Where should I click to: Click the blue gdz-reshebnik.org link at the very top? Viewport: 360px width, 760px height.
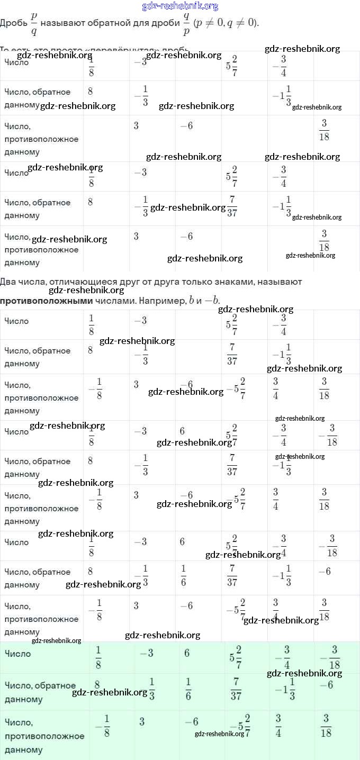click(x=180, y=6)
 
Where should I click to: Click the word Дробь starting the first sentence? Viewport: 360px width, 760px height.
click(x=13, y=23)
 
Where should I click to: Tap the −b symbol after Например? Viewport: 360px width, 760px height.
click(x=212, y=301)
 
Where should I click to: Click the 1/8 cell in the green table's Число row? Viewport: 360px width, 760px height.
click(x=98, y=657)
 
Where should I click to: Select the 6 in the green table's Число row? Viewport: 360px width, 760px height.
click(x=187, y=654)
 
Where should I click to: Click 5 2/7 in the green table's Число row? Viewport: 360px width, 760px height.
click(x=236, y=657)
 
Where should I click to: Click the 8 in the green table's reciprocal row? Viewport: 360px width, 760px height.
click(x=97, y=684)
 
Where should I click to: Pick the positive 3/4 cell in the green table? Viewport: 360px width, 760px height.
click(x=278, y=726)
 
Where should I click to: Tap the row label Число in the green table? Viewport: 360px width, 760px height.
click(x=17, y=654)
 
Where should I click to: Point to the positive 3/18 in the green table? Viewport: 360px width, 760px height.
click(x=326, y=726)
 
